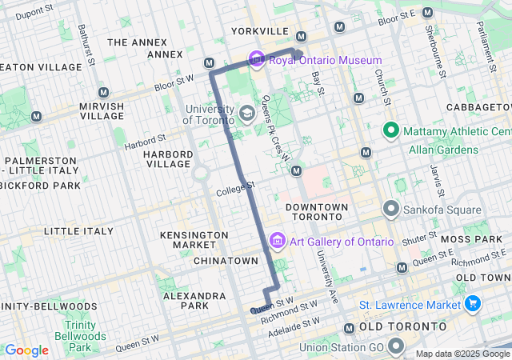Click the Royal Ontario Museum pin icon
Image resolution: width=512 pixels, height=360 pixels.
257,60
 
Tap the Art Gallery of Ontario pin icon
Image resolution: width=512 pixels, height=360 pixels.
278,241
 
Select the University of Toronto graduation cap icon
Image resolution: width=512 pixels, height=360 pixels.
247,113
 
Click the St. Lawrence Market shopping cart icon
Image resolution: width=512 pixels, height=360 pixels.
472,304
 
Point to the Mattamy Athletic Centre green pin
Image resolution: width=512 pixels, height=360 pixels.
391,130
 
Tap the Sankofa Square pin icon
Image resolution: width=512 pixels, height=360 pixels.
391,210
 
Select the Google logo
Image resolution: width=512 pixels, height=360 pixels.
26,350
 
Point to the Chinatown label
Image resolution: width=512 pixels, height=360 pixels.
226,261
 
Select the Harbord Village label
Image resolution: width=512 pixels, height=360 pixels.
168,159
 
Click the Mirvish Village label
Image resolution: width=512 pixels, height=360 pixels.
102,111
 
